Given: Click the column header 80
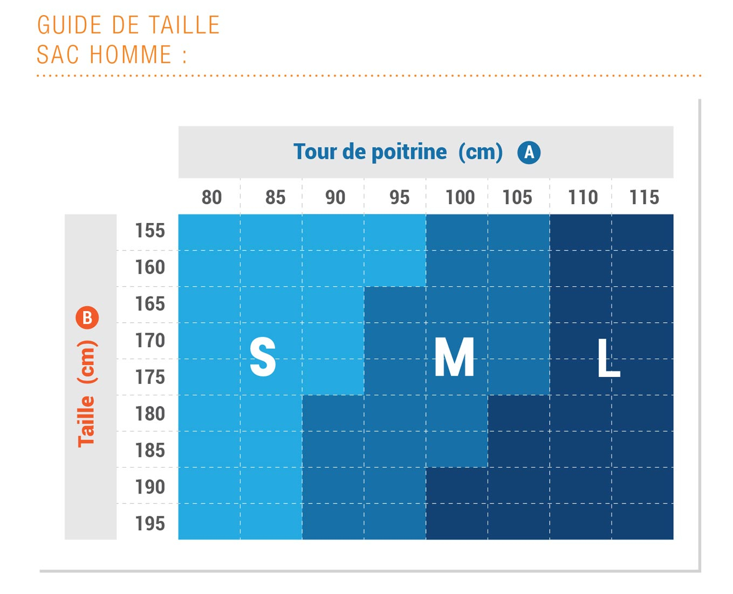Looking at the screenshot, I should [211, 197].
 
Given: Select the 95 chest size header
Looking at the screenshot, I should [399, 197].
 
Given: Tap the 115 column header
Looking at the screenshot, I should [644, 197].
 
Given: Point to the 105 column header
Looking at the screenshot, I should [517, 197].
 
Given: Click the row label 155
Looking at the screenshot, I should [150, 231].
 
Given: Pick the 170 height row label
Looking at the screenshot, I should [150, 340].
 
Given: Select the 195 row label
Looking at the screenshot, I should [150, 523].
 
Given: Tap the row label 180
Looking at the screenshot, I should [150, 414].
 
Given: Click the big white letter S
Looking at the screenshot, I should [263, 356].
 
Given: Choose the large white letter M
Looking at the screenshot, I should [454, 357].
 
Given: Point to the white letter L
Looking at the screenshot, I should [608, 357].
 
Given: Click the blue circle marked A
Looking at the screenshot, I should [529, 152].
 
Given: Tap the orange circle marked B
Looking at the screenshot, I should [87, 318].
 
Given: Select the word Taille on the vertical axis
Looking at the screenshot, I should [86, 421].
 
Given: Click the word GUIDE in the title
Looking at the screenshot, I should [70, 25].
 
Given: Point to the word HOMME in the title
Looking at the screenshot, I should [131, 55].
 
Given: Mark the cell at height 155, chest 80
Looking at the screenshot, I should [209, 232].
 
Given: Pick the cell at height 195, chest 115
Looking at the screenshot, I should [642, 522].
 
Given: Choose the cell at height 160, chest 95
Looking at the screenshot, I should [395, 268].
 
